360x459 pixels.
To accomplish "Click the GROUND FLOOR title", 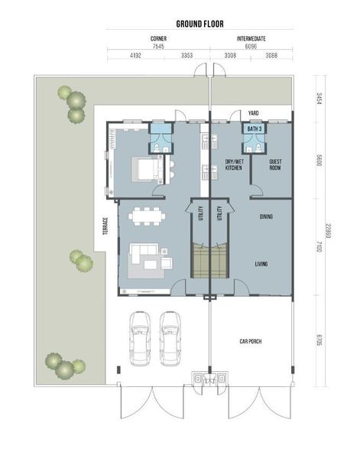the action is tap(199, 24).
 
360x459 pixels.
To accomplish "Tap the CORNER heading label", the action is tap(158, 38).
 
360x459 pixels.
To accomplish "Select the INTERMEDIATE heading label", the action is tap(251, 38).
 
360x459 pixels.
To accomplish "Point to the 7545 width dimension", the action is tap(158, 46).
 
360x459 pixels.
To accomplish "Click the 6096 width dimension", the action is tap(251, 46).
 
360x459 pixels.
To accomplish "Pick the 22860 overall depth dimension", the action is tap(328, 231).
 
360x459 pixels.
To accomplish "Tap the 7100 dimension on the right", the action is tap(319, 247).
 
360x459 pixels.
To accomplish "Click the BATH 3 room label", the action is tap(255, 129).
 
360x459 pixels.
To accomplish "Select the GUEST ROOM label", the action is tap(275, 164).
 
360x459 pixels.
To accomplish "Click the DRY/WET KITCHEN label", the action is tap(234, 164).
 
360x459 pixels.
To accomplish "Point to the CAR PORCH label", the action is tap(251, 341).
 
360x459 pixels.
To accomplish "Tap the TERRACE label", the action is tap(105, 226).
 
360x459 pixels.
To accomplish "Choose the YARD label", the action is tap(253, 113).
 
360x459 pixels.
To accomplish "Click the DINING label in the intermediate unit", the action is tap(266, 216).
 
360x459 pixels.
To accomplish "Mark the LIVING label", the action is tap(261, 264).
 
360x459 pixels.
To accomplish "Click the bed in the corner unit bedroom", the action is tap(148, 169).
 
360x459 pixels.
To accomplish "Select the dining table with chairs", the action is tap(147, 216).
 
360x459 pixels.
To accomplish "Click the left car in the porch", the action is tap(140, 338).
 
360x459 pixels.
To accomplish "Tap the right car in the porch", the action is tap(170, 338).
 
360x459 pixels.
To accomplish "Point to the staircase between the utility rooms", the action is tap(209, 261).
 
